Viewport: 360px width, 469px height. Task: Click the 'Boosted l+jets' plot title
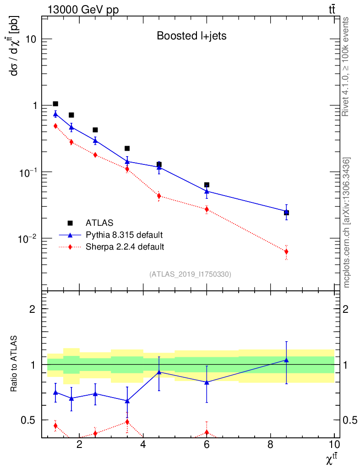click(x=191, y=36)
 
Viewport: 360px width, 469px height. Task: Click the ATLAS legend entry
click(x=99, y=223)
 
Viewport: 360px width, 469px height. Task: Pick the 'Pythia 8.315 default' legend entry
click(x=124, y=235)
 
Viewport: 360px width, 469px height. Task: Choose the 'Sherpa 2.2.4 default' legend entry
click(x=125, y=247)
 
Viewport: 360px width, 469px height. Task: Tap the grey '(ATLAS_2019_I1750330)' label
click(x=190, y=274)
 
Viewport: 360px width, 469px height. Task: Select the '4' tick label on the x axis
click(x=143, y=445)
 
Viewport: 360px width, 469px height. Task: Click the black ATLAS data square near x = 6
click(x=207, y=185)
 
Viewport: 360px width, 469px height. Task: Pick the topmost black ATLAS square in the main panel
click(x=55, y=104)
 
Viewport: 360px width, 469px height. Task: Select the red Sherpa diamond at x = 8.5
click(x=286, y=251)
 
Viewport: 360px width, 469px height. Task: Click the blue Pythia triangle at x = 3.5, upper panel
click(x=127, y=162)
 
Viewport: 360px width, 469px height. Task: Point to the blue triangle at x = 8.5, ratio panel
click(x=286, y=360)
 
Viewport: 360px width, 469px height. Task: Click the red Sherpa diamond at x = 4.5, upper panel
click(x=159, y=196)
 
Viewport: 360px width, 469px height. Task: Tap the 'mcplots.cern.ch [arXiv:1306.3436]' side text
click(x=347, y=223)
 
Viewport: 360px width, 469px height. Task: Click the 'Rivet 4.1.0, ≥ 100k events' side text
click(x=347, y=67)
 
